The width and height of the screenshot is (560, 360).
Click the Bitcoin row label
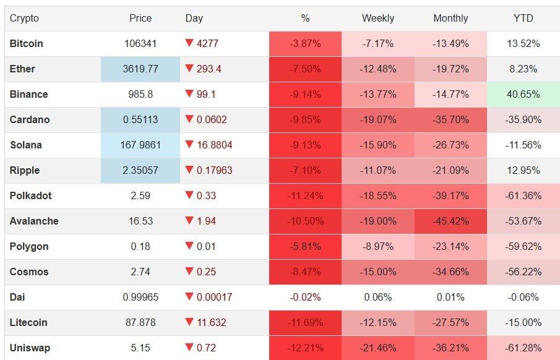click(27, 44)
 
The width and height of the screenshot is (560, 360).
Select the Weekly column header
click(377, 19)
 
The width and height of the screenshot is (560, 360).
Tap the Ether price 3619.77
click(140, 69)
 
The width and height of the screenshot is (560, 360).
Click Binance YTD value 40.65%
click(523, 95)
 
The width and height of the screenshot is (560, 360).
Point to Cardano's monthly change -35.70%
click(450, 120)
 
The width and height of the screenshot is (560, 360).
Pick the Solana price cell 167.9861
click(140, 145)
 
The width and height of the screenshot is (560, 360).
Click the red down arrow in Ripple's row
click(189, 170)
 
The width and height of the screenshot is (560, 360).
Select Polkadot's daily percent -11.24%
click(305, 196)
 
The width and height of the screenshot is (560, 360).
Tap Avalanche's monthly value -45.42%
click(450, 221)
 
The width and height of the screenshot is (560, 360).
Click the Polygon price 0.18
click(140, 247)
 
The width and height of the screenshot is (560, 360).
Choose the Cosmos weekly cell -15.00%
click(377, 272)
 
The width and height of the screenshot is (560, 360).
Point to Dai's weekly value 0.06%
click(377, 298)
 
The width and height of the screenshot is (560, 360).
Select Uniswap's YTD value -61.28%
click(523, 348)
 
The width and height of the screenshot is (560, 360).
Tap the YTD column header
click(523, 19)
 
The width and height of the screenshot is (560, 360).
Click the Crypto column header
click(24, 19)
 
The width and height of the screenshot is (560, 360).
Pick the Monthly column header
click(450, 19)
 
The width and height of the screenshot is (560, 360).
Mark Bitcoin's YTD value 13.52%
click(523, 44)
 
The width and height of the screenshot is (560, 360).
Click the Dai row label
click(17, 298)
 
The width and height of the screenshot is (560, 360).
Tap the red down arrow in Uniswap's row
click(189, 348)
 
